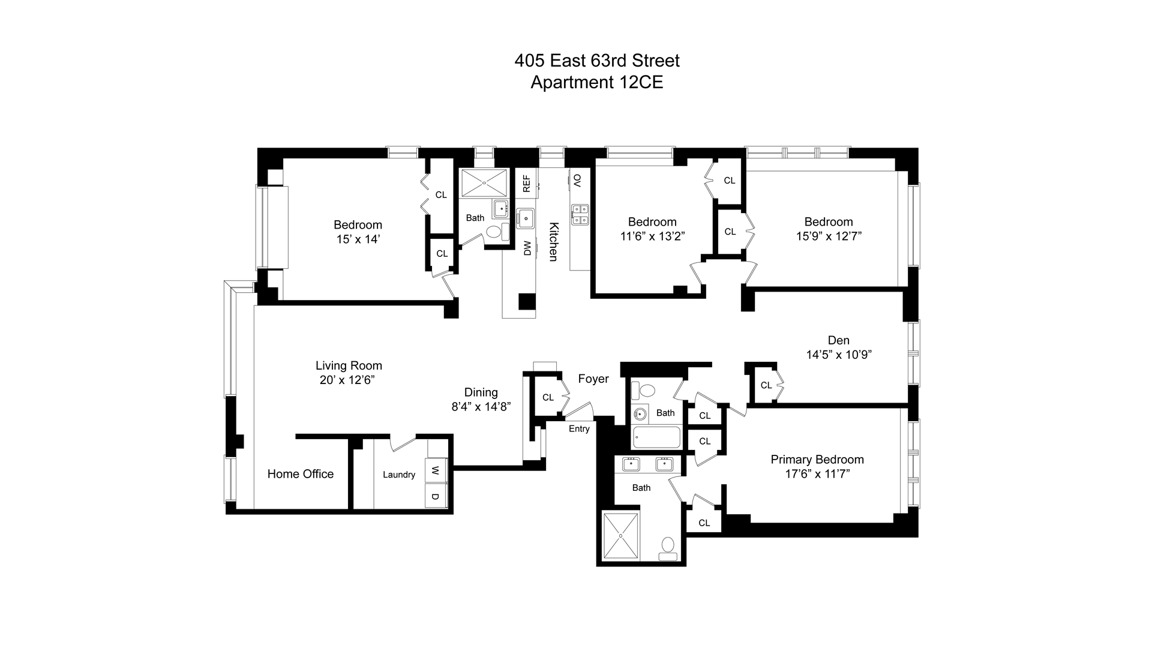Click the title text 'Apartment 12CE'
click(x=597, y=82)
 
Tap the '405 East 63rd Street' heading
click(x=597, y=61)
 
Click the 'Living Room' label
click(x=349, y=365)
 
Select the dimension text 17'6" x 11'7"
click(x=817, y=474)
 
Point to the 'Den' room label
click(x=839, y=340)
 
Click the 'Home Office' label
click(x=301, y=474)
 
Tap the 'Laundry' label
click(x=399, y=475)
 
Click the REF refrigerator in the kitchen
click(x=526, y=184)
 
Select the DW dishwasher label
click(x=527, y=248)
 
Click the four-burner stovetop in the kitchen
click(x=580, y=214)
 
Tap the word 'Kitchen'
click(x=554, y=242)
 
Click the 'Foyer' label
click(x=593, y=379)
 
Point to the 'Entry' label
click(x=579, y=428)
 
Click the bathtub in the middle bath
click(x=656, y=437)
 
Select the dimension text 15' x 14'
click(x=358, y=239)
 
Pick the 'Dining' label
click(x=481, y=392)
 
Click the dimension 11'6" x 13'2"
click(x=653, y=236)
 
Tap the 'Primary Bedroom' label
click(x=817, y=460)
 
